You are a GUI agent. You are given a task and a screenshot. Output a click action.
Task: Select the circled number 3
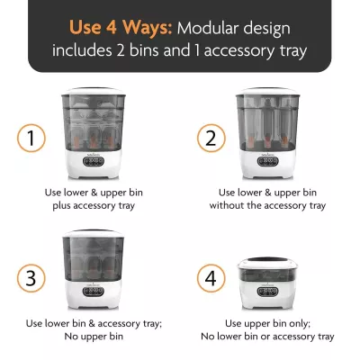(x=30, y=276)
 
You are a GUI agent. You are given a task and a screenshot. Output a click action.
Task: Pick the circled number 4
(x=209, y=276)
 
